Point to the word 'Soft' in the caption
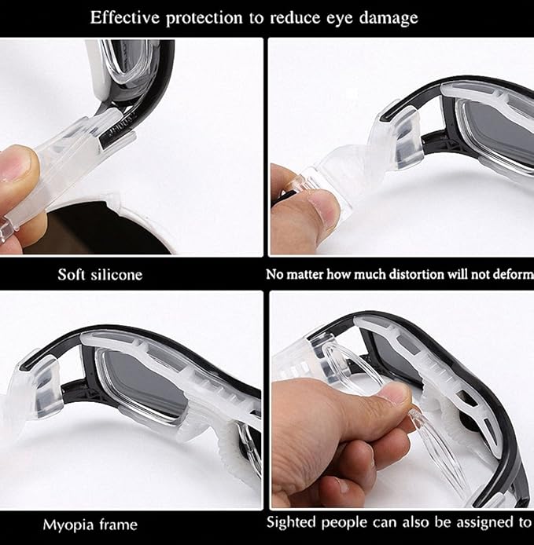[72, 275]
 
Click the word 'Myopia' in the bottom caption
[68, 524]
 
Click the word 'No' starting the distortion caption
[273, 275]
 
